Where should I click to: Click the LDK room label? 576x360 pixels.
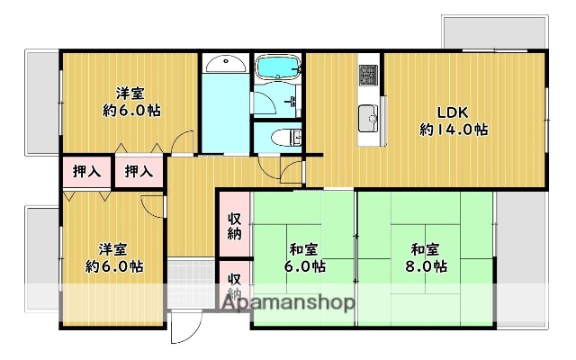454,112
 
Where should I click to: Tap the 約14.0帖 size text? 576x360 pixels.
454,130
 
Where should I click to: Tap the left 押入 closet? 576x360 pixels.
86,171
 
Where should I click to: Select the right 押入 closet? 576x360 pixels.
138,171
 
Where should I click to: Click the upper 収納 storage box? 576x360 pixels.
234,225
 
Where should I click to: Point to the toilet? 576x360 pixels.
284,138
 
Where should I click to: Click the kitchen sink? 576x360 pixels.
369,117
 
